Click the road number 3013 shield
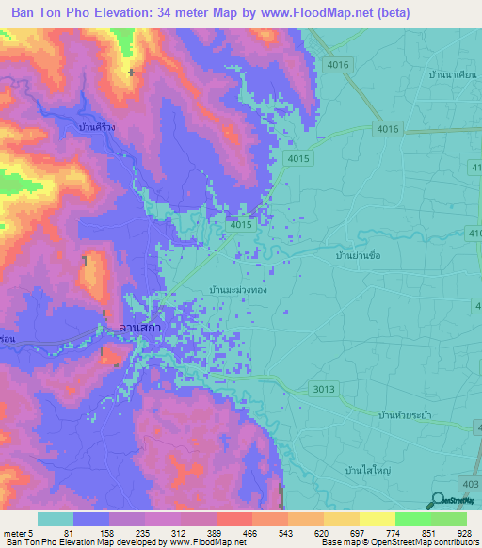322,388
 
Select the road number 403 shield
467,483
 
